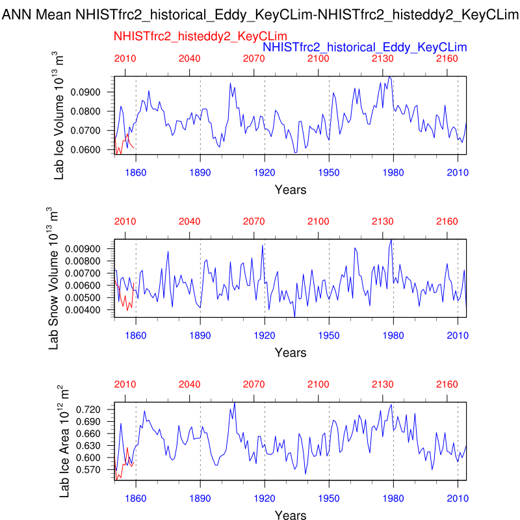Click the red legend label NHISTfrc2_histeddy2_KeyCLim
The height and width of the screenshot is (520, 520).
200,37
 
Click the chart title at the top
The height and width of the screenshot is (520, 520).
260,13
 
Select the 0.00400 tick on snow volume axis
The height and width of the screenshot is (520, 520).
94,310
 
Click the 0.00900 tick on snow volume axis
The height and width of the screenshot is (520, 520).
94,249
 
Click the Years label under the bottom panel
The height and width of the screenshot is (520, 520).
290,515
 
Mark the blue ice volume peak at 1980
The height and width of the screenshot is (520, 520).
389,77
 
